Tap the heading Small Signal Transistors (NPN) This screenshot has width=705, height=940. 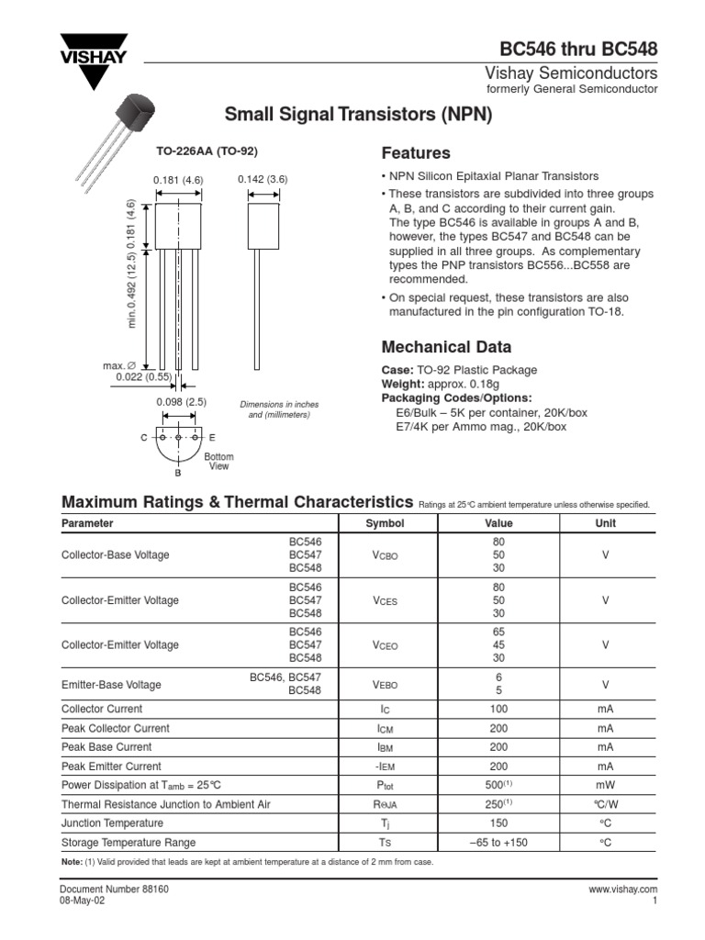359,115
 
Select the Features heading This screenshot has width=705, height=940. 415,152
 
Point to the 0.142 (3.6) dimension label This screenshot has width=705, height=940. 263,179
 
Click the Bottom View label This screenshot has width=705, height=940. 218,462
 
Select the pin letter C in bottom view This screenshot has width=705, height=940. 143,439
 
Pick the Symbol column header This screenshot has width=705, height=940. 385,523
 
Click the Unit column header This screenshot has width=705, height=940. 606,523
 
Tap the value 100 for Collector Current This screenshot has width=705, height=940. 498,710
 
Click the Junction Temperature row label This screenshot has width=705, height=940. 112,823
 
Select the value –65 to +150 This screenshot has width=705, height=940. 498,843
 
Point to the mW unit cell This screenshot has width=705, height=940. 606,786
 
